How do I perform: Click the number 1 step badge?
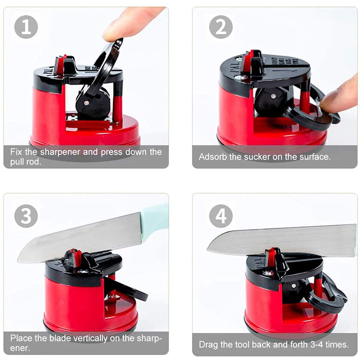(x=26, y=27)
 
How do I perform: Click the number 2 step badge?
(x=221, y=27)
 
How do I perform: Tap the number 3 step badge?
(x=26, y=216)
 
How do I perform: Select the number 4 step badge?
(x=221, y=216)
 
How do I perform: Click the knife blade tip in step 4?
(x=208, y=249)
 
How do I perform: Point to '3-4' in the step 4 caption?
(x=318, y=345)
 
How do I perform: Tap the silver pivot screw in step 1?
(x=86, y=103)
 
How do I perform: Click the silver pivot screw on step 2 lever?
(x=273, y=96)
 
